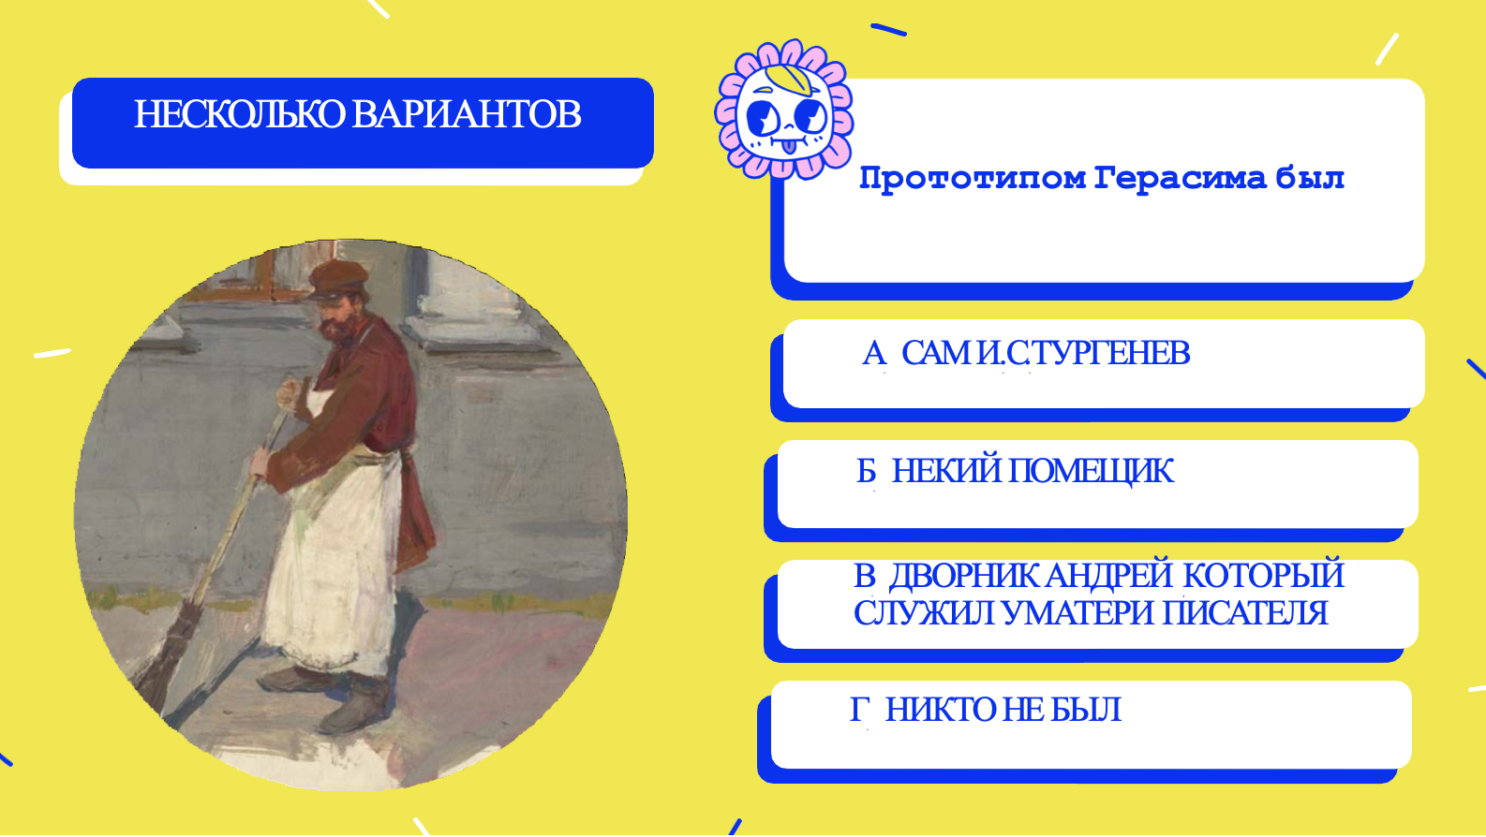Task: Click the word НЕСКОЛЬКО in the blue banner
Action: [x=240, y=114]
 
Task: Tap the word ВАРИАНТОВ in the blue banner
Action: [x=467, y=114]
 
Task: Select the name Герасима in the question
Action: [x=1180, y=179]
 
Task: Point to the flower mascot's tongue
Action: [x=788, y=146]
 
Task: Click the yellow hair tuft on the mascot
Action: [x=790, y=79]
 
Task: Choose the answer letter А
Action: [x=874, y=353]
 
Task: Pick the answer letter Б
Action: [x=867, y=472]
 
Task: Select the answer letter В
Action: [x=865, y=575]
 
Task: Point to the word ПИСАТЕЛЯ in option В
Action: [x=1245, y=613]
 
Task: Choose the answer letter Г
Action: [x=860, y=710]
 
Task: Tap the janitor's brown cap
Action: [x=338, y=278]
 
